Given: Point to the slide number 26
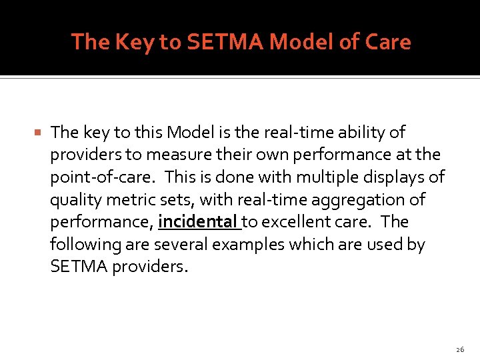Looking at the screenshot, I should click(460, 349).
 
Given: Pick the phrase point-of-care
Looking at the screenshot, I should click(102, 177).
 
